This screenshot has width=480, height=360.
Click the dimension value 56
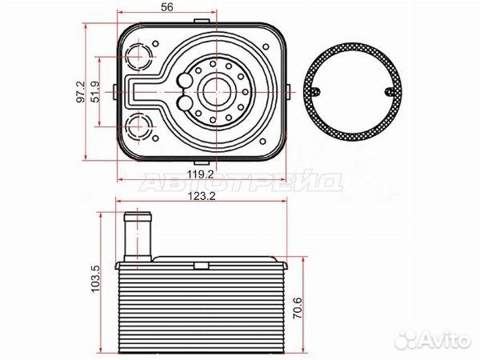[167, 6]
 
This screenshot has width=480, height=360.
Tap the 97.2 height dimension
[81, 92]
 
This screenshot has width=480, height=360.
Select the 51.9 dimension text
[96, 92]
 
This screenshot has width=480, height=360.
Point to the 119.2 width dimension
[201, 174]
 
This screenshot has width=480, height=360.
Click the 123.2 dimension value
[202, 196]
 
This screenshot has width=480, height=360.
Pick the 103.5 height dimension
[96, 278]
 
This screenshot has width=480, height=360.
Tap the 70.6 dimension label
[298, 308]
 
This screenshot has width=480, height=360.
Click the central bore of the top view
[217, 92]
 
